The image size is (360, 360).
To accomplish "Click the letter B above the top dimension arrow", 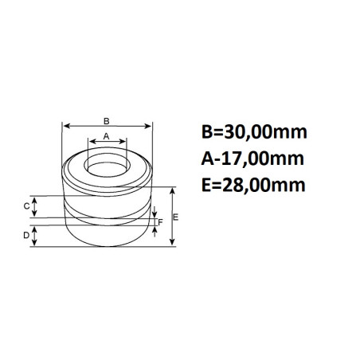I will (107, 121).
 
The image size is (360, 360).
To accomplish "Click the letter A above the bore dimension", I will (106, 136).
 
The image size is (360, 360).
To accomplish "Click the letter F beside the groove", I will (161, 222).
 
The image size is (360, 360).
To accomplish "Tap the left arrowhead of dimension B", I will (66, 127).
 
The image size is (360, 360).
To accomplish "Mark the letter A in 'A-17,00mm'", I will (209, 158).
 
